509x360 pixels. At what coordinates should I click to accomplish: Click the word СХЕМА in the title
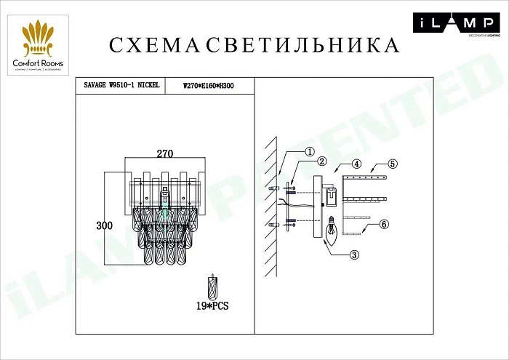(155, 45)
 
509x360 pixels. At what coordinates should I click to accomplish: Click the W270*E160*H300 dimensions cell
(209, 85)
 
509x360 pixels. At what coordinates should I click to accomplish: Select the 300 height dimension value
(105, 226)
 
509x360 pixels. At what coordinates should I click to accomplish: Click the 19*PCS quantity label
(213, 307)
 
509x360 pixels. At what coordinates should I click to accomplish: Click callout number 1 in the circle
(309, 152)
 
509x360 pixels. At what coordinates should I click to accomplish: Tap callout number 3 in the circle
(353, 255)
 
